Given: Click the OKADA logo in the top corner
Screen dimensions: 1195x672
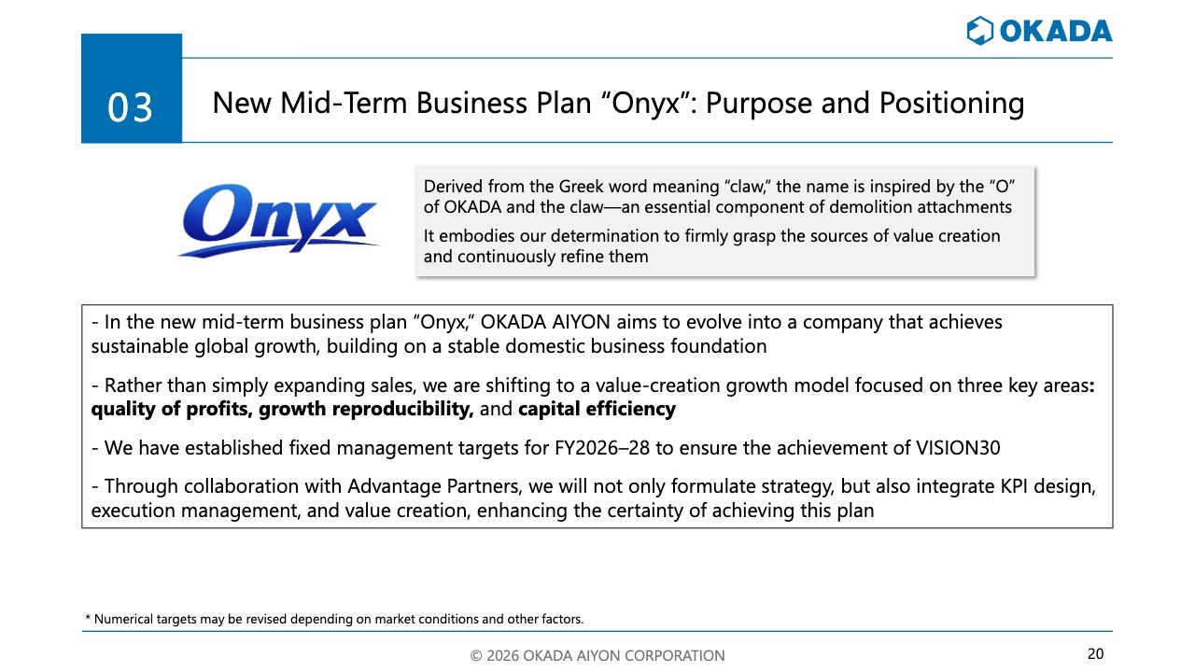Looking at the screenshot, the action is pos(1039,31).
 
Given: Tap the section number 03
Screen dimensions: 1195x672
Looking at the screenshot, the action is pos(130,107).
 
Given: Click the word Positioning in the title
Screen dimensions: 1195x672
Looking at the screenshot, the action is pos(951,103).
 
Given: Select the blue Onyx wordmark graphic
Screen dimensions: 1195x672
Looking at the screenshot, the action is pos(279,220).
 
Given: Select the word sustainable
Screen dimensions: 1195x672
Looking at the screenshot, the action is pos(140,346).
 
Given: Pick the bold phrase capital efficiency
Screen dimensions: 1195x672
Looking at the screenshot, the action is pos(597,409).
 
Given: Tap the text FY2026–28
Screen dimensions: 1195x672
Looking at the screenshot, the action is pos(602,448).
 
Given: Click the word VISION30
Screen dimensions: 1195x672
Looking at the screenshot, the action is pos(958,448).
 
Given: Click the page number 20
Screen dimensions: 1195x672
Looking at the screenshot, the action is pos(1096,654).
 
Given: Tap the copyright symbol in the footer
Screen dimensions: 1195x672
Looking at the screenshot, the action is pos(476,655).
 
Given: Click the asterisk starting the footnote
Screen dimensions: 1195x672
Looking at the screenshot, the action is pos(88,618).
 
